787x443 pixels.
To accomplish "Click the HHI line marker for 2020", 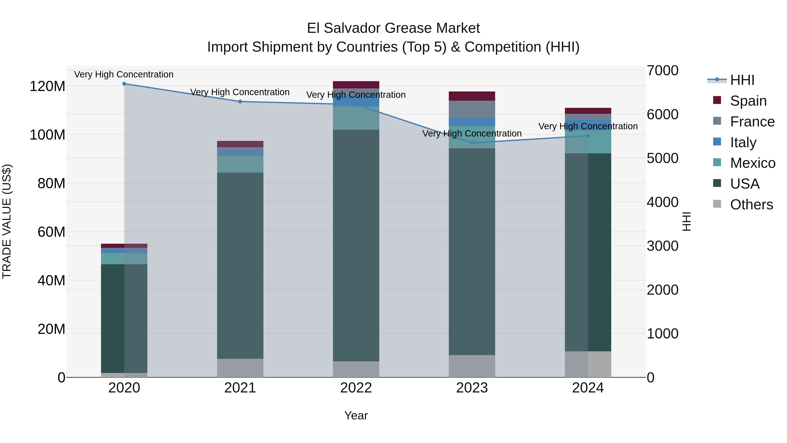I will point(124,84).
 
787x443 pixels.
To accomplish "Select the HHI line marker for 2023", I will point(472,143).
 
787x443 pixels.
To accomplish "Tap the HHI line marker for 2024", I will point(588,136).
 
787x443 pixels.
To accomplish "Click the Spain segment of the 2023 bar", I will point(472,96).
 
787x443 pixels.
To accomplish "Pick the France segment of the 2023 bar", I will point(472,109).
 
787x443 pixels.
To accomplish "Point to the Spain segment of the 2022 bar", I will point(356,85).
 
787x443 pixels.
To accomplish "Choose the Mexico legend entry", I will point(752,163).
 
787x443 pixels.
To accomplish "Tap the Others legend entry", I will point(751,205).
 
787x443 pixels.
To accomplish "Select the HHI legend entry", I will point(742,80).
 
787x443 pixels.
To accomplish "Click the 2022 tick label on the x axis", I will point(356,388).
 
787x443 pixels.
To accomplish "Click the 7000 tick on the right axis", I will point(662,71).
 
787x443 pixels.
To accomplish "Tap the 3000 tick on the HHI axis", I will point(662,246).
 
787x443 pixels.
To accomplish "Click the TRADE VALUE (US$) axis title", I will point(7,221).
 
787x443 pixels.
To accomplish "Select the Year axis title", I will point(356,415).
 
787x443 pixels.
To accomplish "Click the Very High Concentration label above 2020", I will point(124,74).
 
